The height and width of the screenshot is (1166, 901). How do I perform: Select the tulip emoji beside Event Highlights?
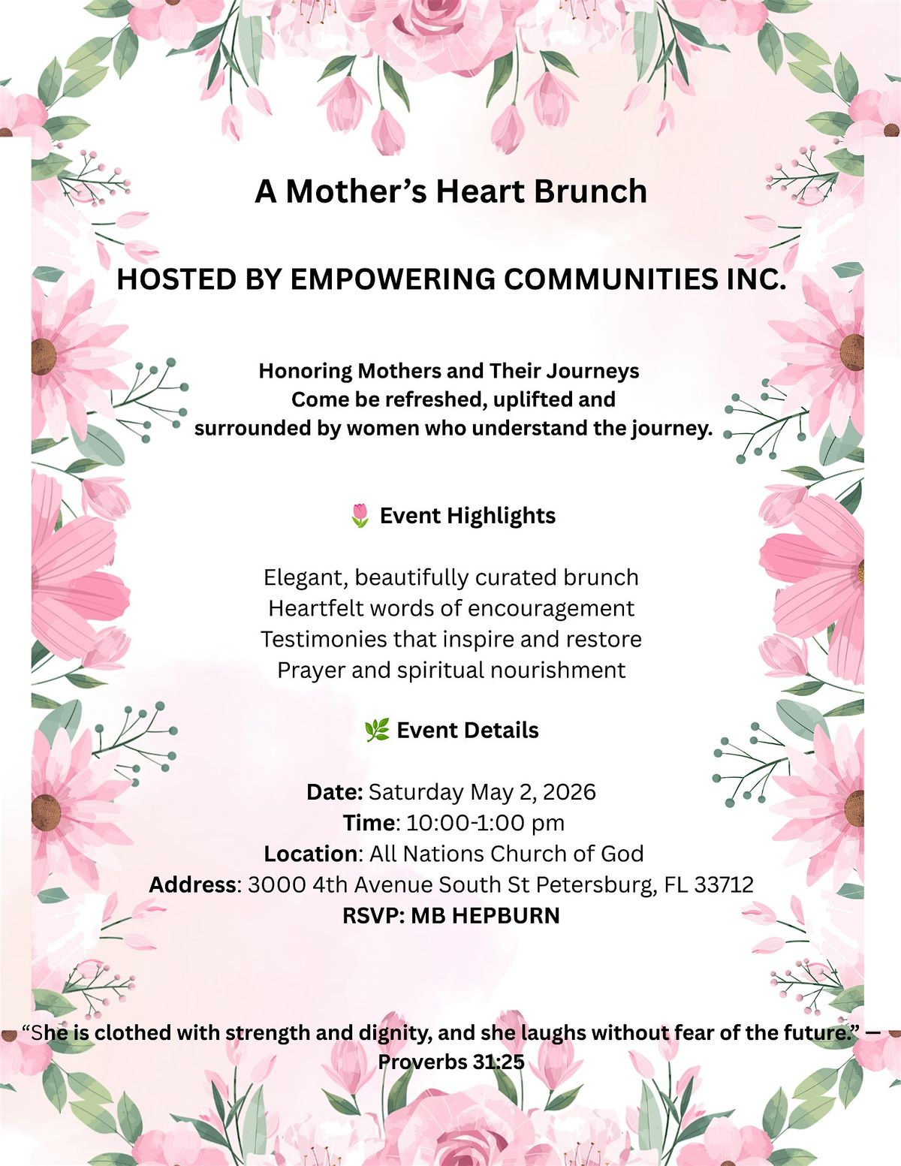360,516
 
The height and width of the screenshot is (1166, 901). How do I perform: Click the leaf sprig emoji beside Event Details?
376,731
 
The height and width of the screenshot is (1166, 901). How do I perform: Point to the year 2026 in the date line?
569,792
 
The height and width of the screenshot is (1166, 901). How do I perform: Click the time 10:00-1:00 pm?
485,823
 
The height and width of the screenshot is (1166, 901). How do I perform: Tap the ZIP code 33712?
724,884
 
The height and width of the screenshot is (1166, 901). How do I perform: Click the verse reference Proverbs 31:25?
450,1062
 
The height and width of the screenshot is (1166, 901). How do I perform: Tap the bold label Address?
192,884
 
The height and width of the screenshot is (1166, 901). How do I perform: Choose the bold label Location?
310,854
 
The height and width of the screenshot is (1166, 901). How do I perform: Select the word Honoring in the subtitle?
305,371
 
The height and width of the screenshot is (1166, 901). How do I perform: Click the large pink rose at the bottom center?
450,1126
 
